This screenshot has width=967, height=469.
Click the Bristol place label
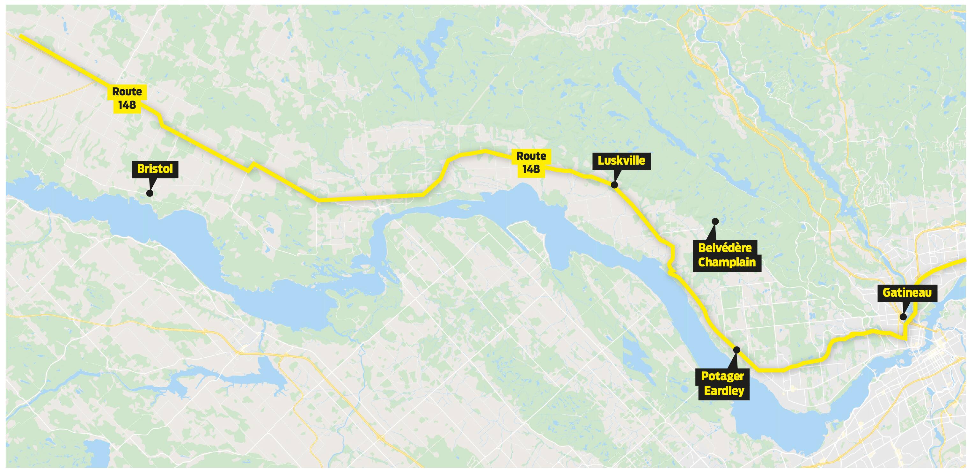click(x=155, y=169)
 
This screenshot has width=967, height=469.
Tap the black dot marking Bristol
click(x=150, y=193)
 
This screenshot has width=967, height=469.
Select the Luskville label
click(x=621, y=161)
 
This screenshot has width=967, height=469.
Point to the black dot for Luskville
click(x=614, y=185)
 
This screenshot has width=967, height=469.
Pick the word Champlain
click(x=727, y=262)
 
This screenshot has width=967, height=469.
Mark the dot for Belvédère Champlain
click(x=715, y=221)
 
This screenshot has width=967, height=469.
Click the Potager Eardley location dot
click(x=736, y=350)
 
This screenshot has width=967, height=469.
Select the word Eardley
click(x=724, y=391)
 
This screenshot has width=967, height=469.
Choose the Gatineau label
click(x=907, y=293)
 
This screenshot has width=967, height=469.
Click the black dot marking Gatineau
click(x=903, y=317)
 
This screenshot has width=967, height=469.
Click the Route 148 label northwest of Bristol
click(x=127, y=98)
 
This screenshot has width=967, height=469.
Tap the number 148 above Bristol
click(x=127, y=105)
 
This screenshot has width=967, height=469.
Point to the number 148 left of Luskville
click(x=531, y=169)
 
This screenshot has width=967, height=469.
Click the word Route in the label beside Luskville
click(x=531, y=156)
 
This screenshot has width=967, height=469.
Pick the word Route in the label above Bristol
click(x=127, y=91)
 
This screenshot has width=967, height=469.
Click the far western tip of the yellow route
click(x=21, y=36)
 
